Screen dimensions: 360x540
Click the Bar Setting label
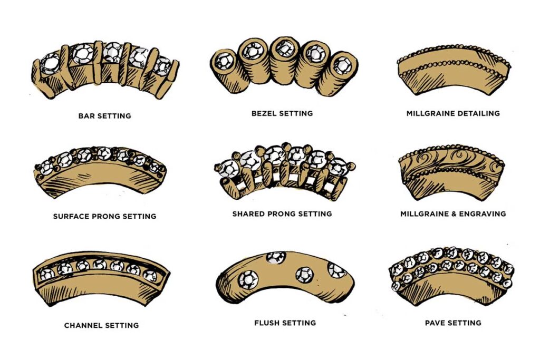(104, 115)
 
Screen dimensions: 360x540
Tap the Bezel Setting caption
(282, 113)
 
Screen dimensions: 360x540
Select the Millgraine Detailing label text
(453, 113)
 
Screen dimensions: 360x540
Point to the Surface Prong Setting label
(104, 216)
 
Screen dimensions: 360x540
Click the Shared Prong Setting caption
(282, 214)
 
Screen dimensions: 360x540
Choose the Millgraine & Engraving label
(453, 214)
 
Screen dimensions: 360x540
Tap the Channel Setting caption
(101, 325)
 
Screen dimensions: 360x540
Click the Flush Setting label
(285, 323)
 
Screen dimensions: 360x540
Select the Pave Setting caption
(453, 323)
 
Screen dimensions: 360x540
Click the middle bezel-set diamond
(284, 51)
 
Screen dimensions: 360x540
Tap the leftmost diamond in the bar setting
(51, 63)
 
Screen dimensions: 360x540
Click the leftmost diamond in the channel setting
(46, 274)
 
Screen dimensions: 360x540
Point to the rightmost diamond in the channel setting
(150, 275)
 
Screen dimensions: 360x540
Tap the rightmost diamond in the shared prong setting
(337, 168)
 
